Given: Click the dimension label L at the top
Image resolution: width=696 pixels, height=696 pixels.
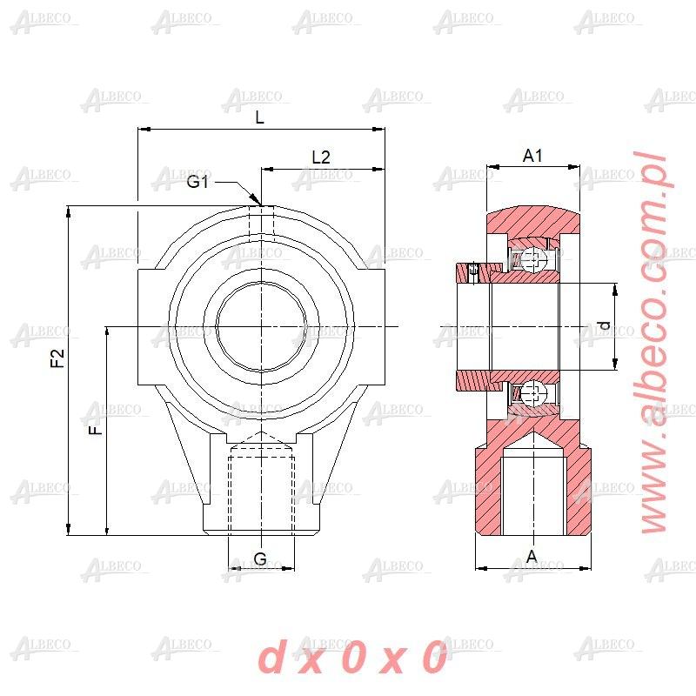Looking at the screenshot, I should tap(259, 119).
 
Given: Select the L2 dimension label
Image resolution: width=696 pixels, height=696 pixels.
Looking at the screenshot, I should tap(321, 157).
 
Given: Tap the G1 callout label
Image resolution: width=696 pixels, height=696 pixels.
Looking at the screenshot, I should tap(198, 181).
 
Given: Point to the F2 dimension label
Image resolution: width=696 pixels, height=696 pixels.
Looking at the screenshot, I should tap(57, 358).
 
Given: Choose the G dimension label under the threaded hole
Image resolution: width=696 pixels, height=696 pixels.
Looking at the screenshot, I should tap(260, 559).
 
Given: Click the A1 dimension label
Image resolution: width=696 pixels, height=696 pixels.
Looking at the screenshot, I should tap(532, 156).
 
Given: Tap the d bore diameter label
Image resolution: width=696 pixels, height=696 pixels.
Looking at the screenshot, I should tap(604, 326).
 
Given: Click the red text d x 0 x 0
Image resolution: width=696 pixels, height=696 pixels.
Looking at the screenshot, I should tap(352, 659).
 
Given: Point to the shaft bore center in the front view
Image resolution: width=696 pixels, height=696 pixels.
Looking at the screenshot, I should tap(261, 327).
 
